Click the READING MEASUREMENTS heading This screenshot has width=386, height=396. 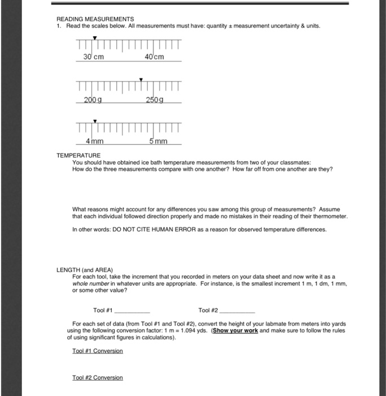(x=95, y=19)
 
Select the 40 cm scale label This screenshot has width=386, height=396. (x=154, y=57)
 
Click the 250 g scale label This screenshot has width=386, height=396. (x=154, y=100)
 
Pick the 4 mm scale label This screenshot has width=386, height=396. (x=94, y=140)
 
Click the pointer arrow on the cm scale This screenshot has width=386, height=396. (x=95, y=38)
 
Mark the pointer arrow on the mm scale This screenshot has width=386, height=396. (x=95, y=120)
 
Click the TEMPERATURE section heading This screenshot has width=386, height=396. (x=78, y=154)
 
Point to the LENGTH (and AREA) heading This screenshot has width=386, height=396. (x=85, y=269)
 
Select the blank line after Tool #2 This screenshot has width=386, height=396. (x=238, y=311)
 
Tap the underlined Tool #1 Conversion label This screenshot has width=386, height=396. (x=98, y=351)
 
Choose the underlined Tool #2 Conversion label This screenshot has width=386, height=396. (x=98, y=377)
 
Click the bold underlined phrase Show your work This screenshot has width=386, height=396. (x=235, y=330)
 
